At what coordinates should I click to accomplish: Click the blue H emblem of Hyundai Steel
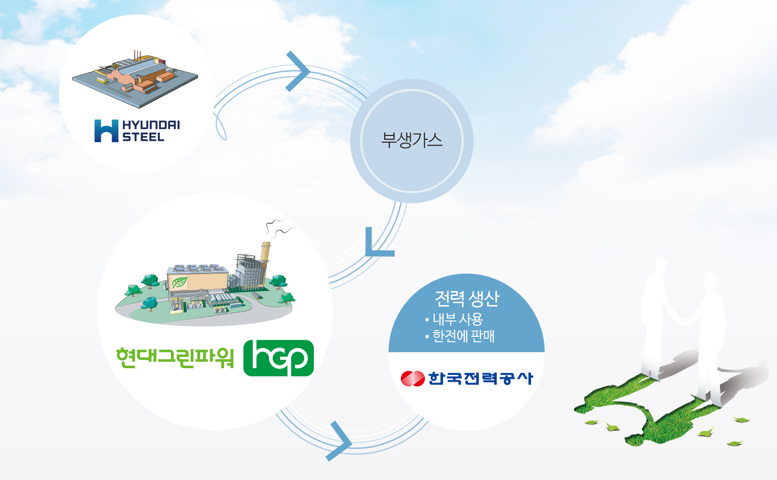pyautogui.click(x=106, y=131)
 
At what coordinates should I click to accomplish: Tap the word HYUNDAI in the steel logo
pyautogui.click(x=151, y=125)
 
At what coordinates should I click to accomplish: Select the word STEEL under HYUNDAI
pyautogui.click(x=143, y=137)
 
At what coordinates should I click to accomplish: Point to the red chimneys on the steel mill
pyautogui.click(x=138, y=55)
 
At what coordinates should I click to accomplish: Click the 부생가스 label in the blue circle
pyautogui.click(x=412, y=140)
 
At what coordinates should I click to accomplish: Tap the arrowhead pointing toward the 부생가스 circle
pyautogui.click(x=298, y=71)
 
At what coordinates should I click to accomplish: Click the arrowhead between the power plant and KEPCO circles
pyautogui.click(x=339, y=441)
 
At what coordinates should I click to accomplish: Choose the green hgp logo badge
pyautogui.click(x=279, y=358)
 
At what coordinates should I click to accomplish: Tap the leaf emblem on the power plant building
pyautogui.click(x=180, y=282)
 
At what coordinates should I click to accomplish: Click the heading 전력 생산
pyautogui.click(x=467, y=298)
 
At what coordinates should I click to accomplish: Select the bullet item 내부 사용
pyautogui.click(x=454, y=319)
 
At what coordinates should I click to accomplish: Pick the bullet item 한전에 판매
pyautogui.click(x=460, y=336)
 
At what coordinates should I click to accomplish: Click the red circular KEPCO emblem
pyautogui.click(x=413, y=378)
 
